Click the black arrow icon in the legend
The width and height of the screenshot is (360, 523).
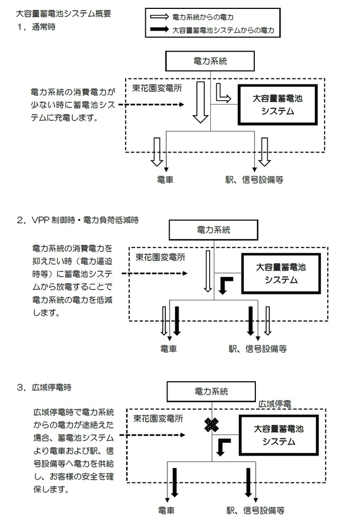pos(161,29)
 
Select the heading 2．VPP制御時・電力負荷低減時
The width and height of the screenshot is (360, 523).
pos(77,220)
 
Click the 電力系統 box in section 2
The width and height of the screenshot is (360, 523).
pos(214,229)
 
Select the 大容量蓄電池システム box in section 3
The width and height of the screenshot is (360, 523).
pos(280,435)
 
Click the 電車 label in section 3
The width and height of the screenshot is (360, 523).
pos(167,510)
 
